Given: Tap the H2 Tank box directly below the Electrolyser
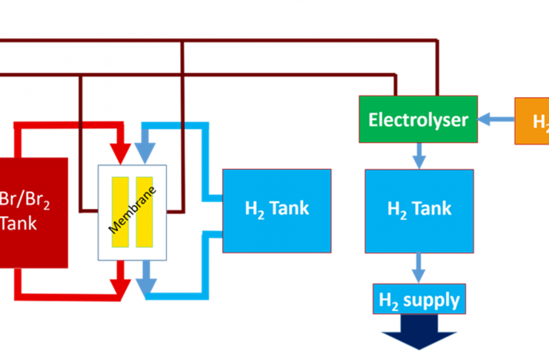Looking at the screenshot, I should [x=419, y=210].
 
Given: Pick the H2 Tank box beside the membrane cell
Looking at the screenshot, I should [x=277, y=210].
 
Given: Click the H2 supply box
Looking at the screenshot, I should [x=419, y=300].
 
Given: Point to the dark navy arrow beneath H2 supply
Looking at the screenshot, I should [x=419, y=335].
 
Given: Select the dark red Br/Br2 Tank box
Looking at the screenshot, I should [x=33, y=212].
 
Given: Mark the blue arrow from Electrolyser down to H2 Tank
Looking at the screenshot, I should [x=419, y=155].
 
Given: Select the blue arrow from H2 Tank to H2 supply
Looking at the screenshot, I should [x=419, y=267].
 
